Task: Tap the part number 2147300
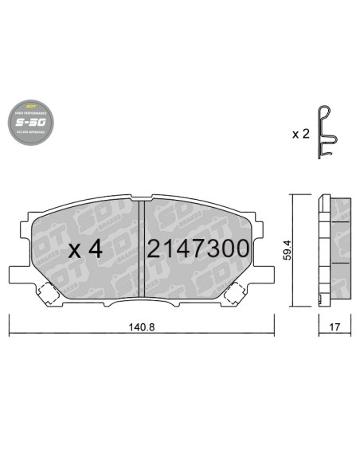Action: point(198,248)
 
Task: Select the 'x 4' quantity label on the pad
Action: point(86,249)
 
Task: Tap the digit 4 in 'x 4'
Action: point(96,249)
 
